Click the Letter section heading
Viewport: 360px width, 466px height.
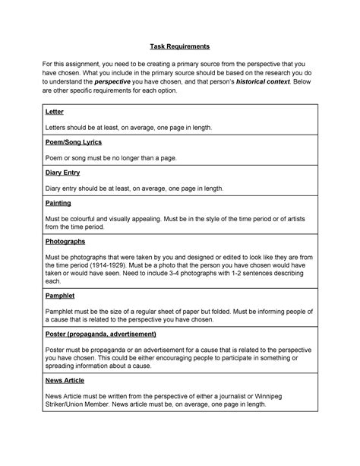(55, 112)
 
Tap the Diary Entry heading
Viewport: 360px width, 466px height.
(63, 173)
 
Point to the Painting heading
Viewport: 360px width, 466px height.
(59, 203)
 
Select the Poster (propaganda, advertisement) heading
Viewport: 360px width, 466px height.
(101, 333)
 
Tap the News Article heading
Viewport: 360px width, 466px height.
(65, 379)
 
